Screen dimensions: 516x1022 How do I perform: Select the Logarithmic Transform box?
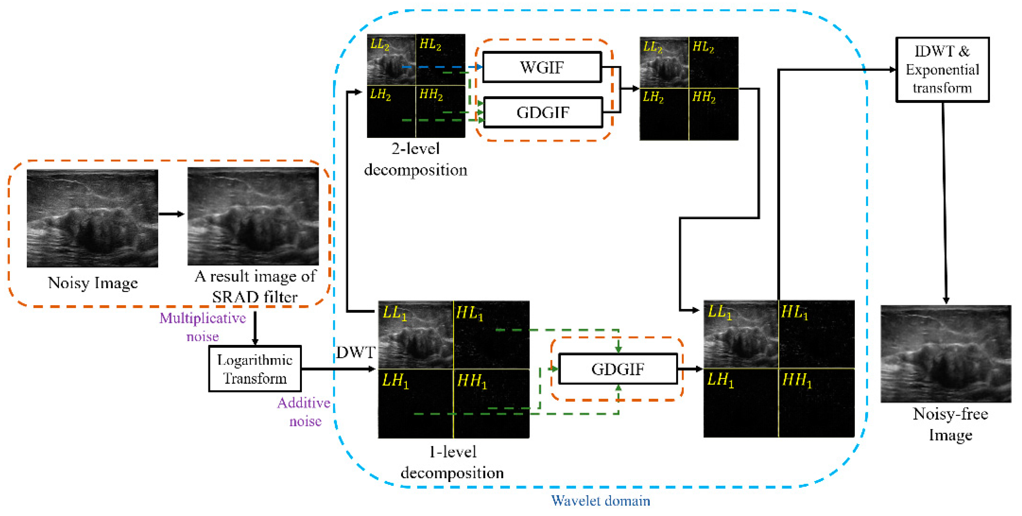point(255,369)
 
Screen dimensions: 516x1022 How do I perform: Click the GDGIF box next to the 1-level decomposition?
point(617,369)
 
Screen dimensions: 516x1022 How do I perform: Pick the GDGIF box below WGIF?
point(543,113)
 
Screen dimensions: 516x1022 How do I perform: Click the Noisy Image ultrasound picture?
point(92,218)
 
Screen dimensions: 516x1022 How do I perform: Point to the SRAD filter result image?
point(253,216)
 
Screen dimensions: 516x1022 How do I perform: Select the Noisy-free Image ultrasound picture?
point(946,354)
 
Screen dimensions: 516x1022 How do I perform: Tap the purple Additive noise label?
point(304,412)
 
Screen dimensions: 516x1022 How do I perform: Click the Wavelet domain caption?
point(600,501)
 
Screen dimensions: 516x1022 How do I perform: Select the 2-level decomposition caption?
point(415,159)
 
